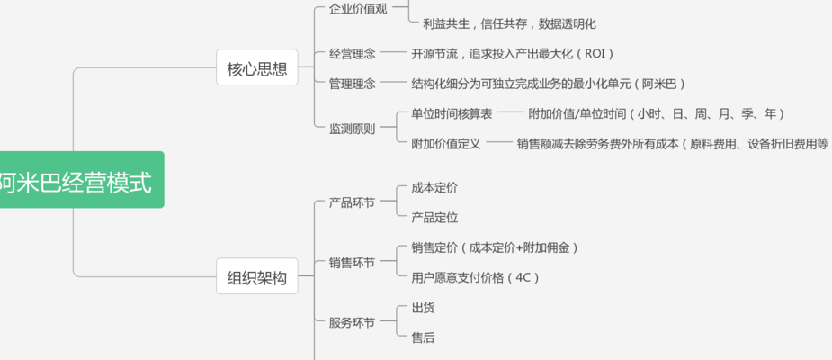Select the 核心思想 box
(x=257, y=67)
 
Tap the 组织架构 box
(x=257, y=276)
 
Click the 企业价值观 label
(x=358, y=9)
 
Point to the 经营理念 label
(x=353, y=54)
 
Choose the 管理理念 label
(x=353, y=84)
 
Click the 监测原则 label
(x=353, y=129)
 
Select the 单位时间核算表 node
(x=452, y=113)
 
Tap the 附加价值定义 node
(x=446, y=143)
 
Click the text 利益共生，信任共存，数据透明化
(x=509, y=24)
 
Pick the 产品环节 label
(x=353, y=202)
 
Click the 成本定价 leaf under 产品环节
(x=434, y=188)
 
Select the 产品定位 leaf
(x=434, y=218)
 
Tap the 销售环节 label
(x=353, y=263)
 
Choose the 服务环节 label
(x=353, y=322)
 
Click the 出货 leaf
(x=423, y=308)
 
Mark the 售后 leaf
(x=423, y=337)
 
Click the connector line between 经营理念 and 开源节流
(x=393, y=52)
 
